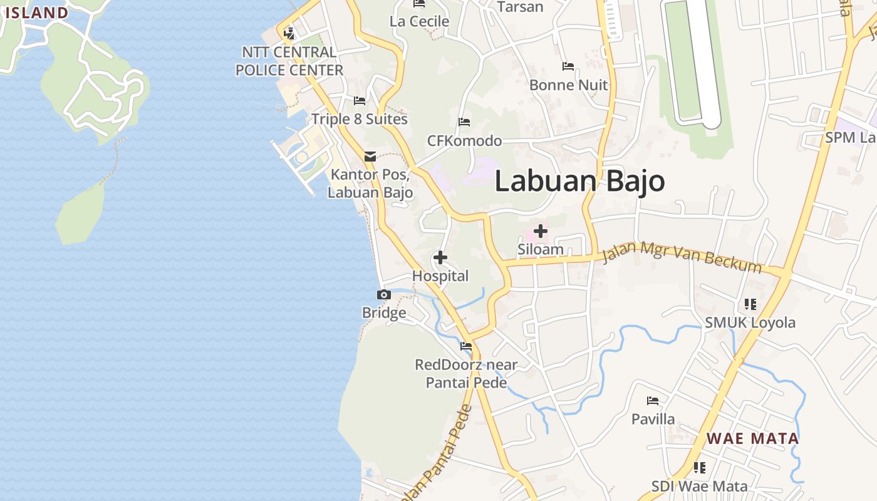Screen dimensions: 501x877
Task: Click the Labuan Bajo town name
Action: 579,181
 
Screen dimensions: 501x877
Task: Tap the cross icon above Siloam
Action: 540,231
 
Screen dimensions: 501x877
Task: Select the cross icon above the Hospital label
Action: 440,257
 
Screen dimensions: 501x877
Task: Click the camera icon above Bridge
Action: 384,294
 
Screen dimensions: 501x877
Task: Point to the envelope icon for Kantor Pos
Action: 370,157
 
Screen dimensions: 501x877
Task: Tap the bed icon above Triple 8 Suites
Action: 360,100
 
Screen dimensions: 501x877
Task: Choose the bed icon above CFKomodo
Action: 464,121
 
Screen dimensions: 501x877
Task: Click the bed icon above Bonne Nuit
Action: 568,66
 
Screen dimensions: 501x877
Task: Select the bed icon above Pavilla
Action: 653,400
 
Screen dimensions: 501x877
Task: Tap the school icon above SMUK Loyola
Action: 750,304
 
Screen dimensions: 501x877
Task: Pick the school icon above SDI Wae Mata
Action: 700,467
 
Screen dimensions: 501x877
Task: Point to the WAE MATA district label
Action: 753,438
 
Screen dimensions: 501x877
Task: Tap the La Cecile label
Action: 419,21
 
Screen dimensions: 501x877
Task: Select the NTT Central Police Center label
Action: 289,61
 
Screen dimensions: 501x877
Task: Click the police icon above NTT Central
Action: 289,33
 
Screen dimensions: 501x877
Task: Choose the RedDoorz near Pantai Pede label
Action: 466,373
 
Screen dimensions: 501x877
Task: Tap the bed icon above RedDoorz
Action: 466,346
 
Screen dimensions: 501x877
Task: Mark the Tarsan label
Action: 519,7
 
